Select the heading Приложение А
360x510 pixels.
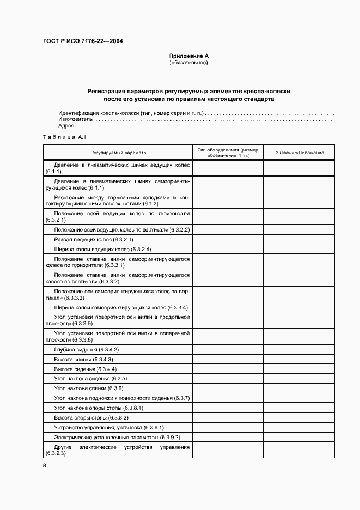pos(189,56)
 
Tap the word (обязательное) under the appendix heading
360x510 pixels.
pos(189,63)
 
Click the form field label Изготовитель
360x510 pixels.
pos(76,119)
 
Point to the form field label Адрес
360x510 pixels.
pos(66,125)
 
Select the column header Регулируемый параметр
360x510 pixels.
pos(118,153)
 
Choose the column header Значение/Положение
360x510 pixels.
pos(300,153)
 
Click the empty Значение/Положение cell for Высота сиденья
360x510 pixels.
pos(300,369)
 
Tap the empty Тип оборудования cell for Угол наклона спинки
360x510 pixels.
pos(228,388)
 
